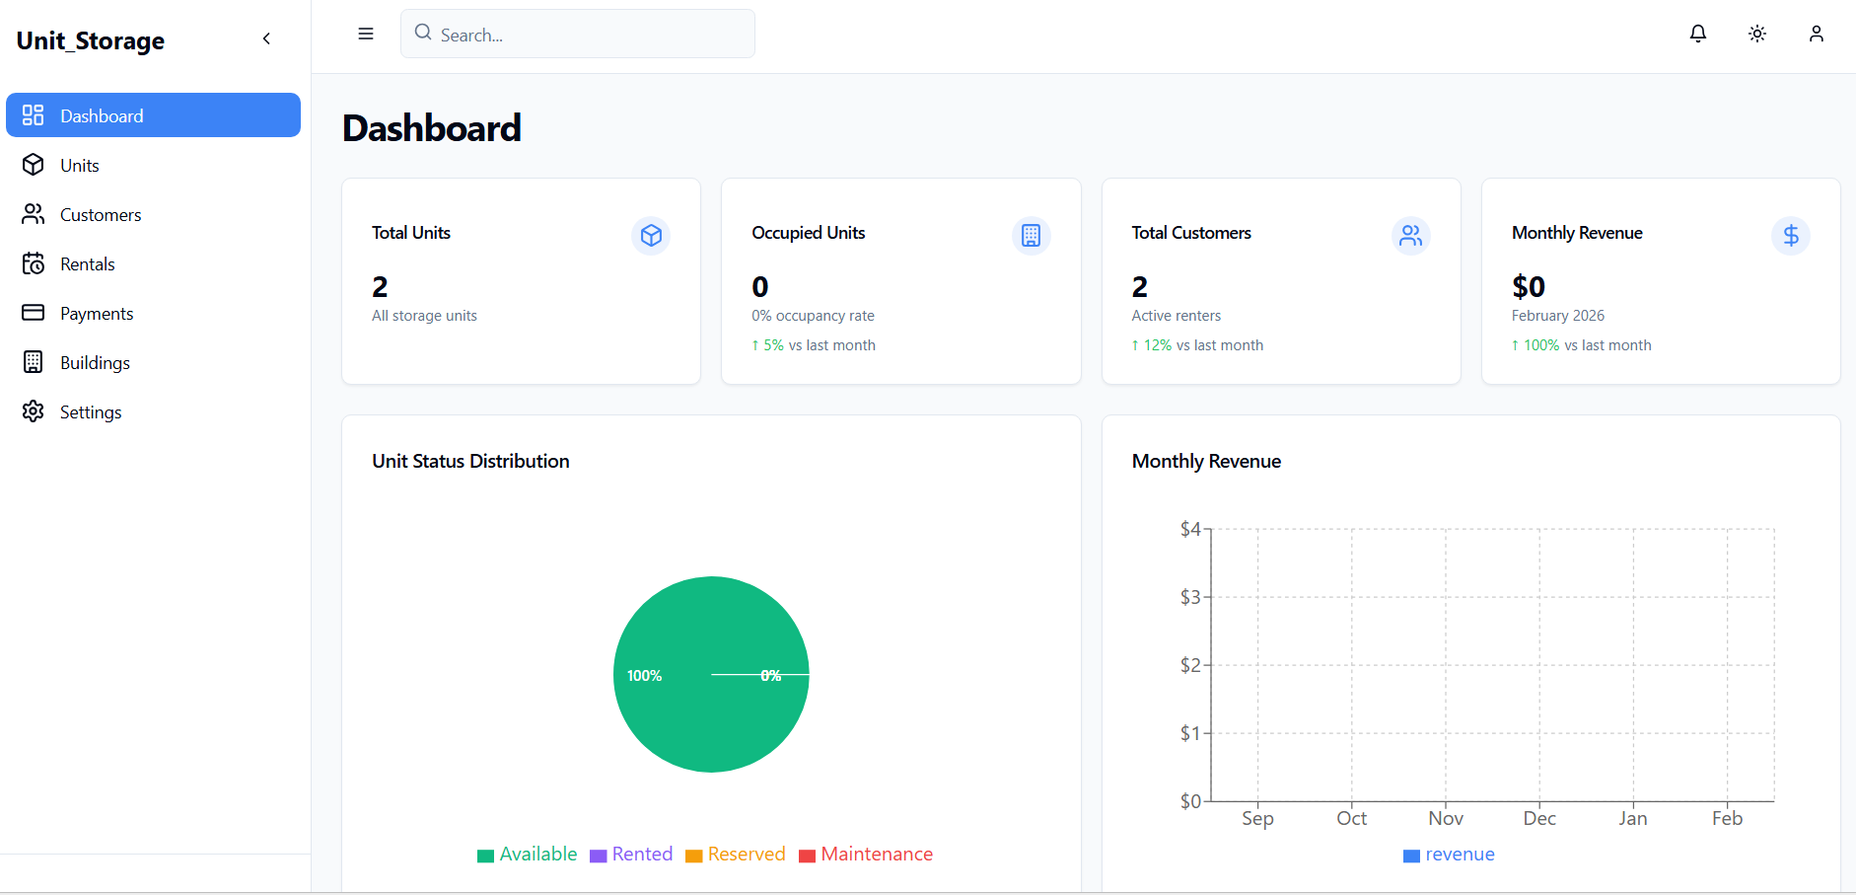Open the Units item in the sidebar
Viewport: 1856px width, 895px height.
pyautogui.click(x=79, y=165)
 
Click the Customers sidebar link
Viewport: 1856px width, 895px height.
pyautogui.click(x=100, y=214)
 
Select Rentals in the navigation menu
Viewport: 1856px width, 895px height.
pyautogui.click(x=87, y=263)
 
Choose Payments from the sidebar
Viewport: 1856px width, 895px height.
pyautogui.click(x=96, y=313)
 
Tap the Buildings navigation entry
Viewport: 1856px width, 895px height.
pyautogui.click(x=95, y=362)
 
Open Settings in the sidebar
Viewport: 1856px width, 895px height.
pyautogui.click(x=90, y=411)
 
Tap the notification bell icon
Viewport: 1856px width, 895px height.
pyautogui.click(x=1697, y=34)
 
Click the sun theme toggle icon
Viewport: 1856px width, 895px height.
pyautogui.click(x=1756, y=34)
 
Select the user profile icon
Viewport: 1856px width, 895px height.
pyautogui.click(x=1816, y=34)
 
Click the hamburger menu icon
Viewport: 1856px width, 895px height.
pyautogui.click(x=366, y=34)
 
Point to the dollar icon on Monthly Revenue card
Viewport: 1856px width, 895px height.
pyautogui.click(x=1790, y=236)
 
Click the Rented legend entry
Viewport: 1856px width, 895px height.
pyautogui.click(x=631, y=855)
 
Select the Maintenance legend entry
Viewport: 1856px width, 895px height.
pyautogui.click(x=866, y=855)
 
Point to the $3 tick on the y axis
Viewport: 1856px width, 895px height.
pyautogui.click(x=1190, y=597)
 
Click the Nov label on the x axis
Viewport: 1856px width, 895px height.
pyautogui.click(x=1445, y=818)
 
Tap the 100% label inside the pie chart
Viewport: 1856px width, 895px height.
pyautogui.click(x=644, y=676)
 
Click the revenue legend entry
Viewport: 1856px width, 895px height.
pyautogui.click(x=1449, y=855)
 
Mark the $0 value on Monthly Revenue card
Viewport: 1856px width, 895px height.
pyautogui.click(x=1528, y=287)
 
